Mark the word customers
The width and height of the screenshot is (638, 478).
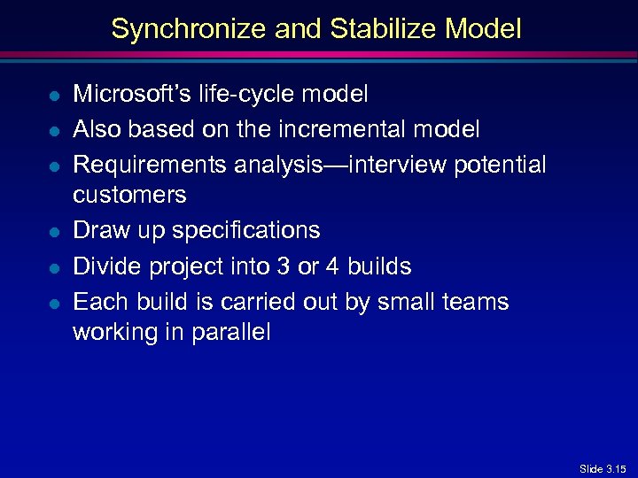pyautogui.click(x=129, y=195)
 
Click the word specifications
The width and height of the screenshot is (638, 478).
pyautogui.click(x=246, y=230)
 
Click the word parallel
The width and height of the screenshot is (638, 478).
pyautogui.click(x=232, y=333)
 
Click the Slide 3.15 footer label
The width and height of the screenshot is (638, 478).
pyautogui.click(x=603, y=468)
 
